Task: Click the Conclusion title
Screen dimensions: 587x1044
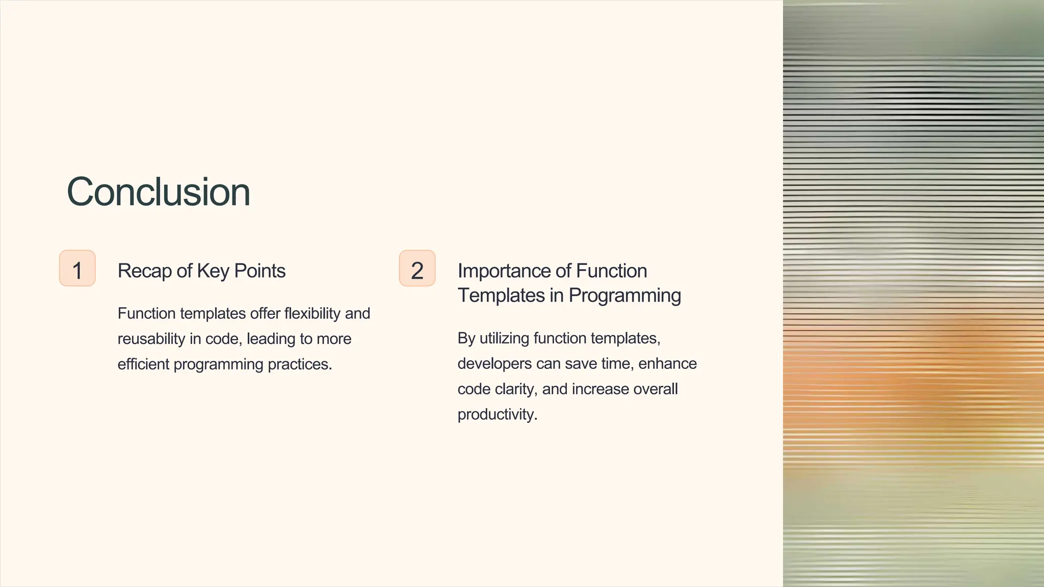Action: click(x=158, y=192)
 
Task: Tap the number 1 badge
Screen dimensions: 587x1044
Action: click(x=77, y=269)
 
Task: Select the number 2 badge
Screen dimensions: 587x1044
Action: click(x=417, y=269)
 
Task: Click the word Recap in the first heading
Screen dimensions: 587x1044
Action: click(x=144, y=271)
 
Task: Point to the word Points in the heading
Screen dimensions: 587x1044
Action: click(x=259, y=271)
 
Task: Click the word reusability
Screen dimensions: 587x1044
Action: click(x=151, y=339)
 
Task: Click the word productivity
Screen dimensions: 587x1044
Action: click(x=497, y=415)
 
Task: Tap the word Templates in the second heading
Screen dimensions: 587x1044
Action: click(x=501, y=296)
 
